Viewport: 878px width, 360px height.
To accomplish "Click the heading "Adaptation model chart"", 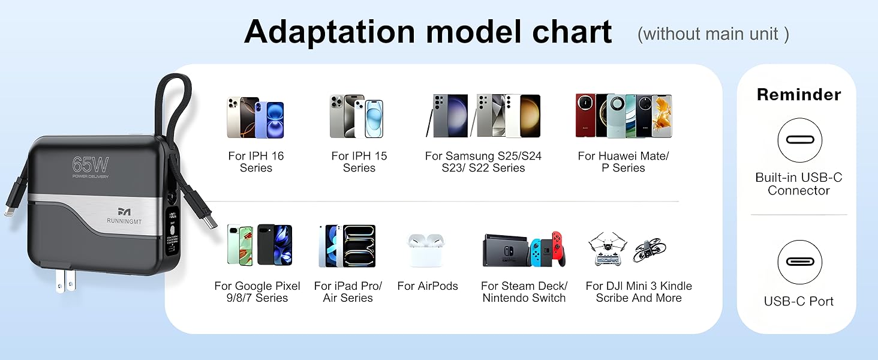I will tap(428, 31).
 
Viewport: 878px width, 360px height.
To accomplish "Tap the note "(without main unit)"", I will tap(713, 34).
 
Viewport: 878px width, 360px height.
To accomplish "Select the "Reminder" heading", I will tap(798, 95).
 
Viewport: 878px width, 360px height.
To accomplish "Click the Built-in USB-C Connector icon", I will tap(799, 140).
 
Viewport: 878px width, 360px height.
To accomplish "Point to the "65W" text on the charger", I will tap(90, 164).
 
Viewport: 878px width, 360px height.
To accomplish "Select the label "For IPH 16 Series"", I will tap(256, 162).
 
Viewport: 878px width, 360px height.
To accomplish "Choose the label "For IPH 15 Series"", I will tap(359, 162).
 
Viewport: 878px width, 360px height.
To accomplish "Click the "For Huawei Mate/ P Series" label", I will tap(623, 162).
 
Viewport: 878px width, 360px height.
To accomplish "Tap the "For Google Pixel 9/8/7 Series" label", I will tap(257, 292).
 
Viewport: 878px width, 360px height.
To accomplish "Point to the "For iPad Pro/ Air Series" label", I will tap(348, 292).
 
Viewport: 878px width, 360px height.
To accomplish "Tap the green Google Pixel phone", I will tap(240, 245).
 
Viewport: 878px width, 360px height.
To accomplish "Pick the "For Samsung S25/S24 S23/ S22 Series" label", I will tap(483, 162).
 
